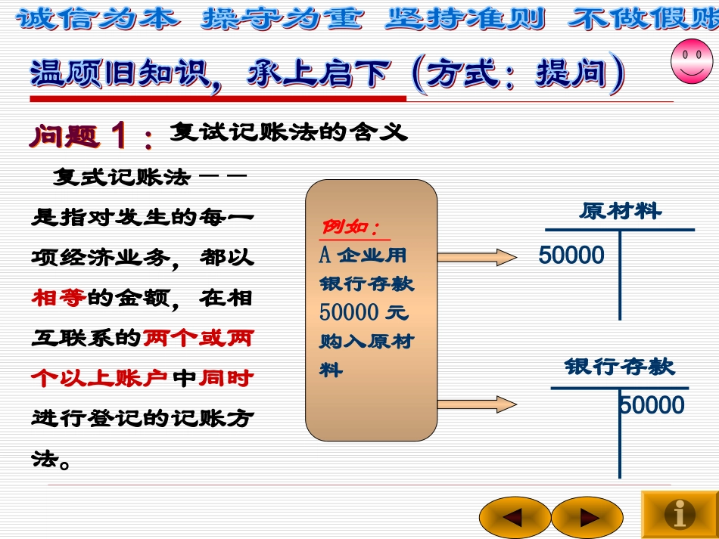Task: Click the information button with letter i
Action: (679, 515)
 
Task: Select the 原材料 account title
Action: (620, 211)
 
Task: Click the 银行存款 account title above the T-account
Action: (619, 367)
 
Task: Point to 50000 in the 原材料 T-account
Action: (571, 256)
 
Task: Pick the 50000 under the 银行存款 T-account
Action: (652, 406)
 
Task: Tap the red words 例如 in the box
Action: (350, 227)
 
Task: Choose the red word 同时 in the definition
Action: (226, 377)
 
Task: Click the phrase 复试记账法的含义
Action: (288, 133)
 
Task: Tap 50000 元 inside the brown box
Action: (363, 311)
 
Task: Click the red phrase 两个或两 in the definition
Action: (198, 337)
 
